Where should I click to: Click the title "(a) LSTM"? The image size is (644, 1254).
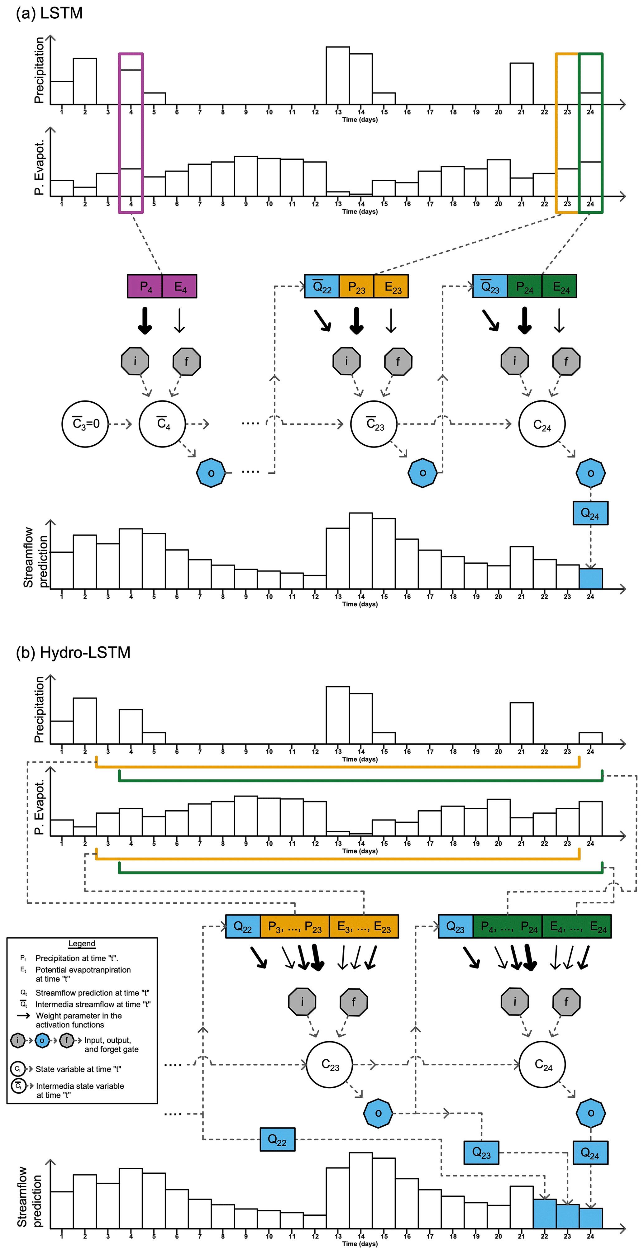tap(49, 13)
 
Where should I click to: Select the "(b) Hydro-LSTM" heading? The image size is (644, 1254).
tap(73, 652)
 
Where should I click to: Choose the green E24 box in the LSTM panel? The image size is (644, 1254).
tap(559, 286)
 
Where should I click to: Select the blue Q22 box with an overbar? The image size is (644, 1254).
tap(322, 286)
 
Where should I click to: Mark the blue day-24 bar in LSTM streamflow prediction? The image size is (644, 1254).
tap(590, 579)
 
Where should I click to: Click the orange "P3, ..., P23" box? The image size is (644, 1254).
tap(295, 926)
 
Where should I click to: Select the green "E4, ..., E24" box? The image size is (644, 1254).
tap(577, 926)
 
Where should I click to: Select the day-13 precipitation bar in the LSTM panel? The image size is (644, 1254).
tap(338, 75)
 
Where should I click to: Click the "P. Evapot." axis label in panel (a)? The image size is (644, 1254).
tap(39, 168)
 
